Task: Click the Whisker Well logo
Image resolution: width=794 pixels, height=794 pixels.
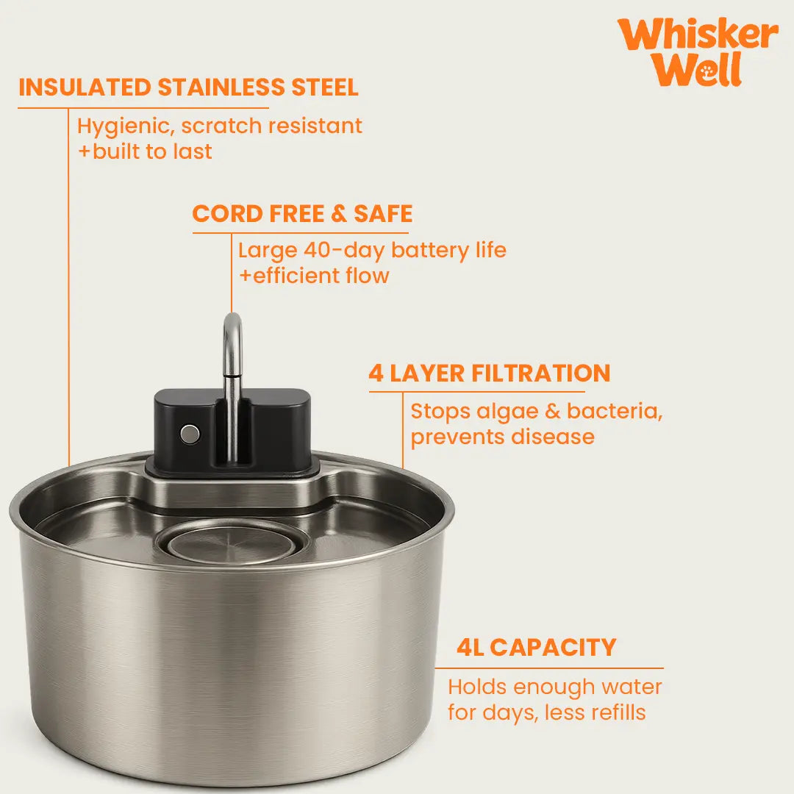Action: pos(698,51)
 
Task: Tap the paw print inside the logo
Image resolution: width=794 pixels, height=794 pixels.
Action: pos(707,72)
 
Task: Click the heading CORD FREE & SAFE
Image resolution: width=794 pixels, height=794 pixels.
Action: pos(302,214)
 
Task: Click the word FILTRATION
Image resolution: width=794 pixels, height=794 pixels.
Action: pos(541,373)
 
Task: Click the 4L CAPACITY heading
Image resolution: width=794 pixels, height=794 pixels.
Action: pos(536,647)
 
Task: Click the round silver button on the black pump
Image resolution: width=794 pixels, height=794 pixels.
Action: pos(190,434)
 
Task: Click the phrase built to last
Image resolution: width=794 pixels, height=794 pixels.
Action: pos(152,151)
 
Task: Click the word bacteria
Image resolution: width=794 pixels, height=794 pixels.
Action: pos(615,412)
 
